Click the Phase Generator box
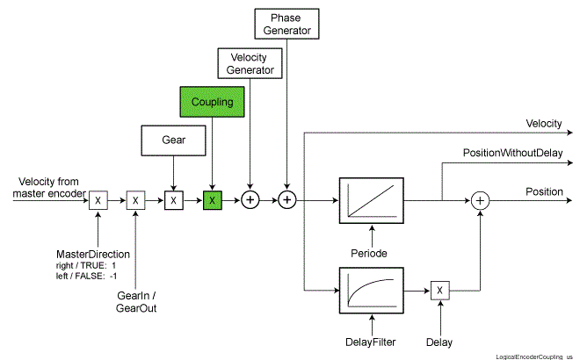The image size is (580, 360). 286,24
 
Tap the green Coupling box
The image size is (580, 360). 211,101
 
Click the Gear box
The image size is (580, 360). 173,139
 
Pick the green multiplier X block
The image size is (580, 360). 212,200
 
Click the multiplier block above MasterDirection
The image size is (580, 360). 98,200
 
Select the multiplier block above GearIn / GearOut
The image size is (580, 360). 135,200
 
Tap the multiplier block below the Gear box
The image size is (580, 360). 174,200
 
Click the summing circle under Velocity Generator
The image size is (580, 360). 250,200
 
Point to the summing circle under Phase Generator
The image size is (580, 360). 287,200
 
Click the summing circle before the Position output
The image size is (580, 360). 480,200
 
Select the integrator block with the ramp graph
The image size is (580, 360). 370,200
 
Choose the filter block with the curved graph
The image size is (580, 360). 370,291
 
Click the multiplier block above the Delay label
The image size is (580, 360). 440,291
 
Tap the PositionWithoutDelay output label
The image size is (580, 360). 512,153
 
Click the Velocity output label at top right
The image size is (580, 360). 544,124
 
